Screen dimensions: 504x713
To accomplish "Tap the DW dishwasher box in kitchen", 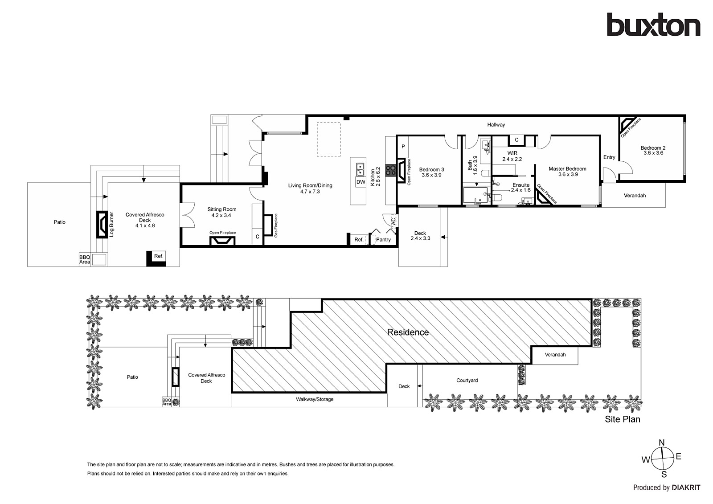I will [361, 182].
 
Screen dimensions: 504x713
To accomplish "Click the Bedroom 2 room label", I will [653, 148].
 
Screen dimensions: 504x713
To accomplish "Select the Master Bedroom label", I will [567, 169].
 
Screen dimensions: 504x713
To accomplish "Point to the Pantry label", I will [383, 240].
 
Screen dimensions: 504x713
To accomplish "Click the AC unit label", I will [393, 220].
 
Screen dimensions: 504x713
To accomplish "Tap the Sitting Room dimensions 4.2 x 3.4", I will [221, 216].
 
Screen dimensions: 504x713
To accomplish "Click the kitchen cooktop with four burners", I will [390, 170].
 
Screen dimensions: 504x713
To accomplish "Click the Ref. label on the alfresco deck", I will [159, 256].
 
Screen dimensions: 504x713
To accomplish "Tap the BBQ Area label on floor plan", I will [85, 259].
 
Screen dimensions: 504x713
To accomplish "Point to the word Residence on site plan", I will [408, 332].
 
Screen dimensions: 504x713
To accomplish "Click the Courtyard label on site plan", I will [467, 381].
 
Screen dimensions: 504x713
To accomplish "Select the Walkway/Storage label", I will [315, 399].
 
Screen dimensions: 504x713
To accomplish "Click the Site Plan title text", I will [622, 419].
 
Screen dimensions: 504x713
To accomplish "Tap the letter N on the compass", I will [662, 443].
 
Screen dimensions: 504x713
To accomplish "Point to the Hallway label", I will [496, 125].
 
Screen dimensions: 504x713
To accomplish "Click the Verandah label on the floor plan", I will [635, 196].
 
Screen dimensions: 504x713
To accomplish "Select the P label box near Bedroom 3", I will [403, 147].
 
